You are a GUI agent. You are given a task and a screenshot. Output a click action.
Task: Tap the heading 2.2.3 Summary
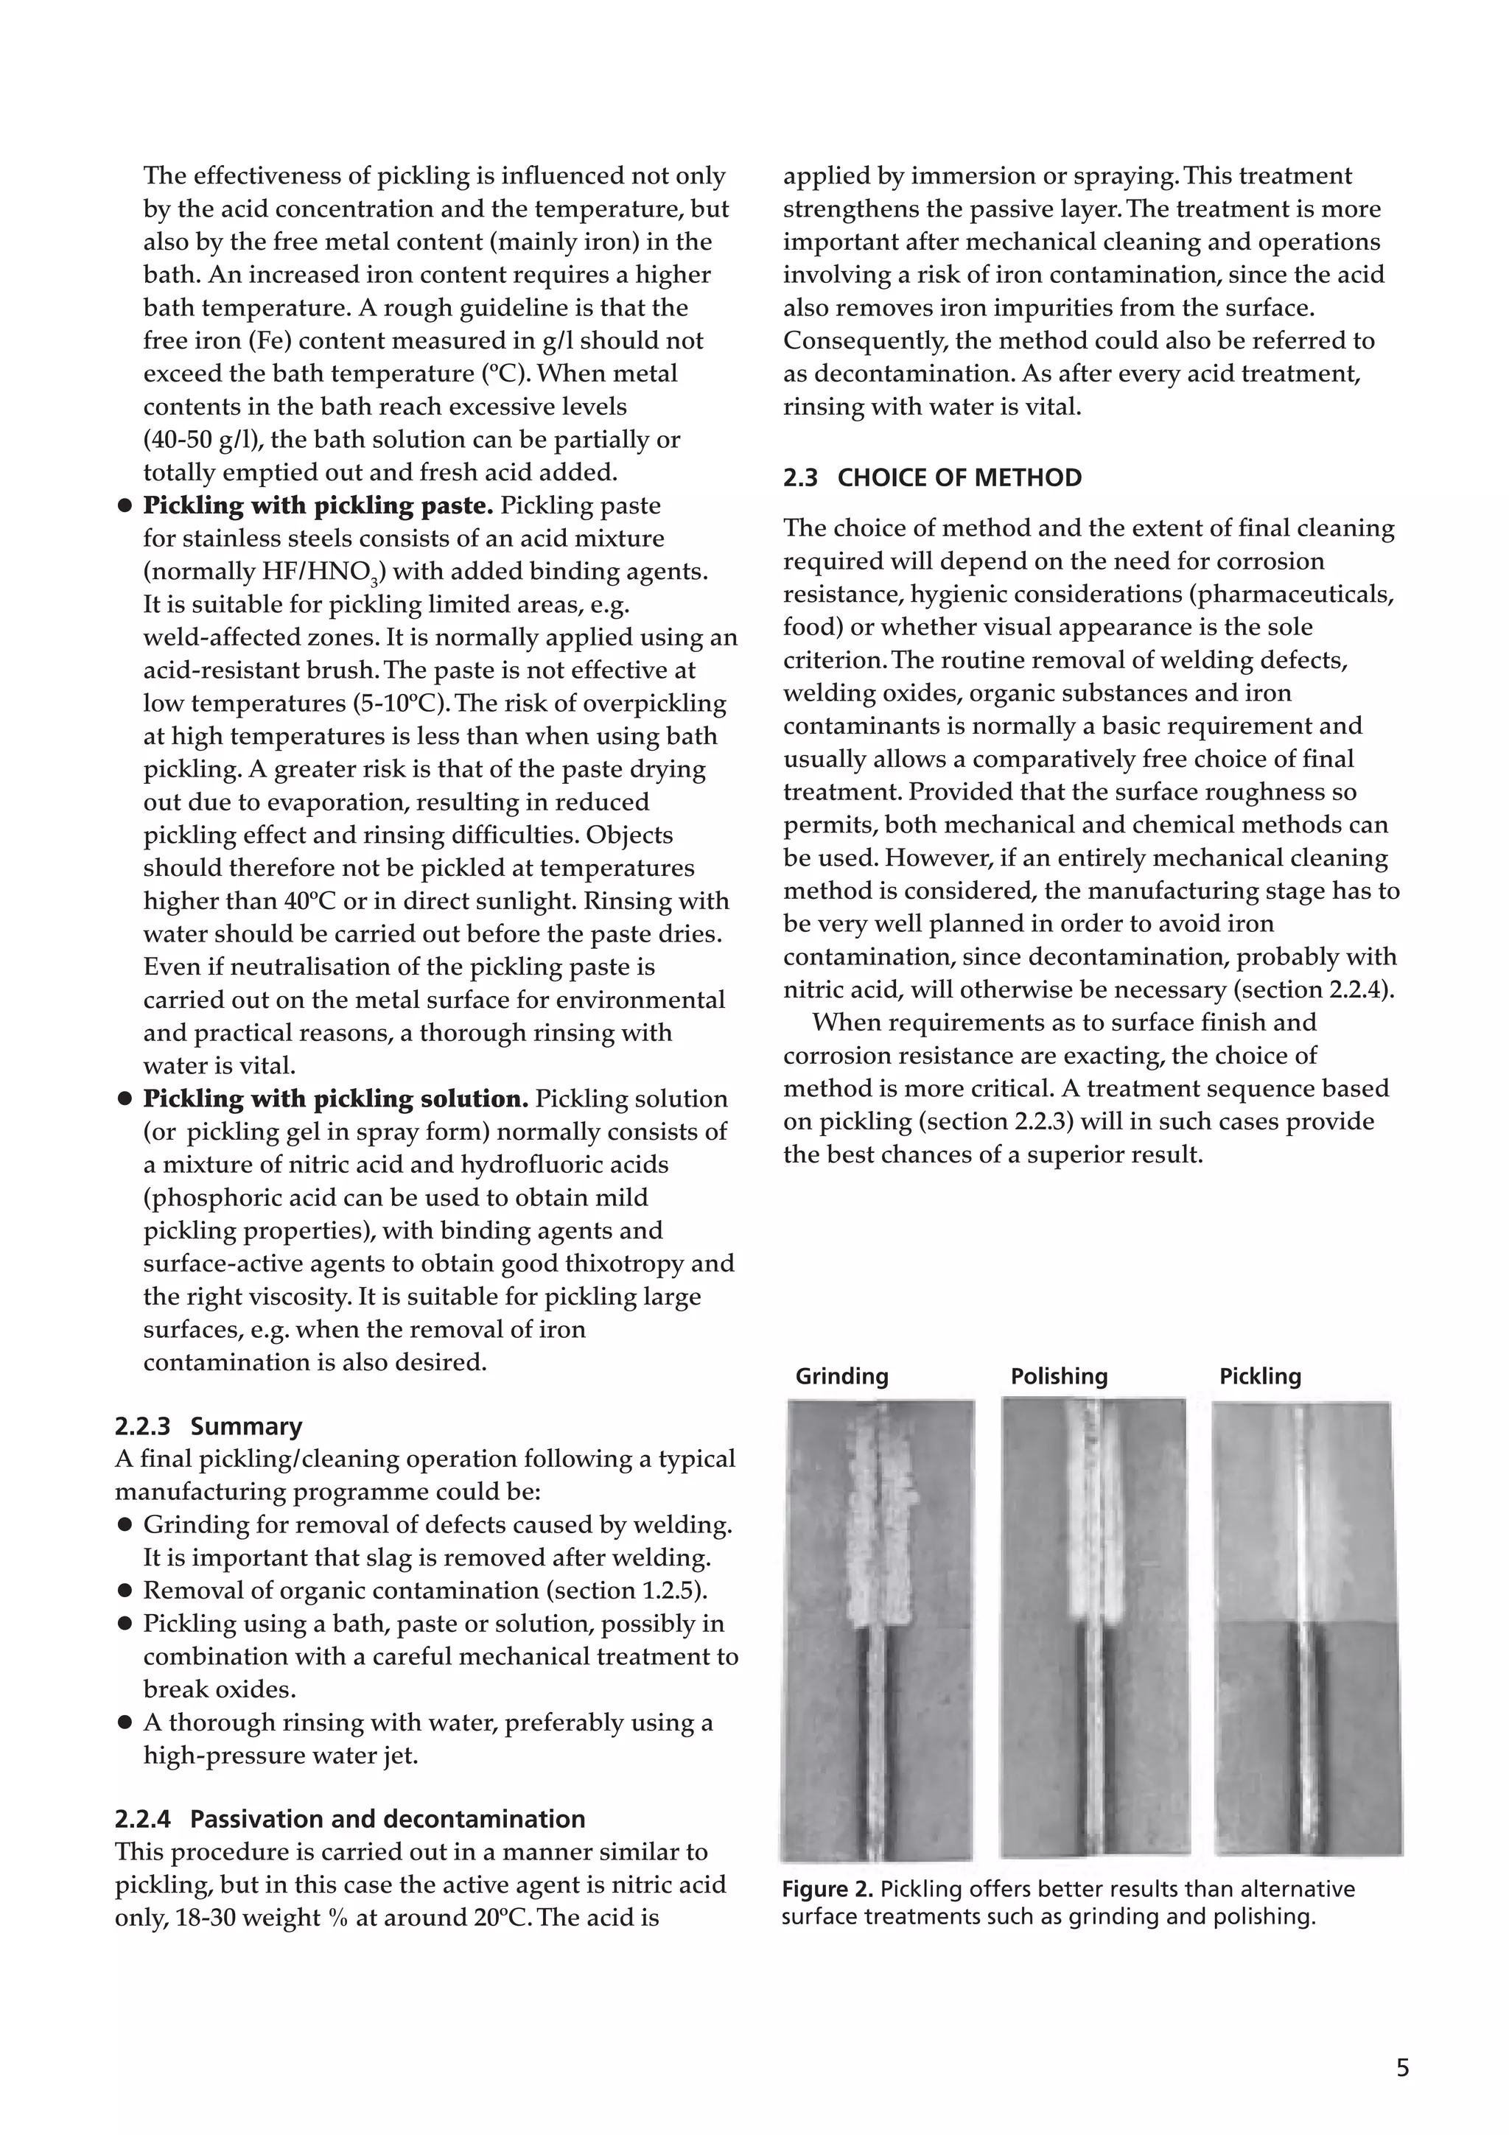click(209, 1426)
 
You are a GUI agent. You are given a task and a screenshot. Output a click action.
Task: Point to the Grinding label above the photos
click(841, 1376)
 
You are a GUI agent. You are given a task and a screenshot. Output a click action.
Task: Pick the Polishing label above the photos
click(1059, 1376)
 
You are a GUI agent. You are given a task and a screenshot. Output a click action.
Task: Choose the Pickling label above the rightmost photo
click(1260, 1376)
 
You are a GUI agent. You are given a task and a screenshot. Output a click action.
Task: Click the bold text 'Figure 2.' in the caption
click(827, 1890)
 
